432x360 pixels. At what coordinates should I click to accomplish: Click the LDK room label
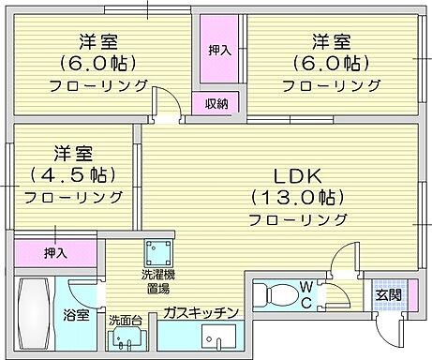297,175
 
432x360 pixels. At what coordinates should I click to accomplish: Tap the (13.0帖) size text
297,197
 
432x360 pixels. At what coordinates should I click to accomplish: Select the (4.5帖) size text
72,175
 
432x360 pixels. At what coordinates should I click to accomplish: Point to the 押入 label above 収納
220,50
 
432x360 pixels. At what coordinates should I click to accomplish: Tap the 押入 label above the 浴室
56,253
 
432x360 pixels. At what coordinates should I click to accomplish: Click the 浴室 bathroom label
77,316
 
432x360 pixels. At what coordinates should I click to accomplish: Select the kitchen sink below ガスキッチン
222,339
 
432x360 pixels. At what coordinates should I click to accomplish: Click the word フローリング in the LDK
297,219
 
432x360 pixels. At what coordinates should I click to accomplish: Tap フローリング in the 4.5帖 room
73,198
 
